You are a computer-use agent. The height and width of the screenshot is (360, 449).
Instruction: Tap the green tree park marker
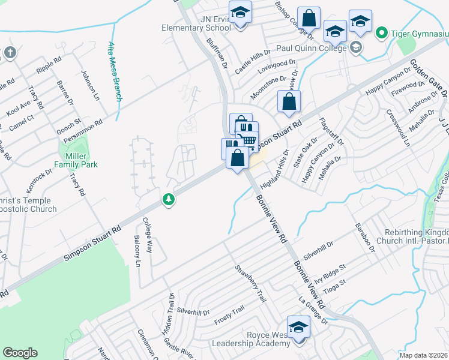[x=169, y=200]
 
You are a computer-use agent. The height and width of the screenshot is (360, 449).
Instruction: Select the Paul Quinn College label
[x=311, y=48]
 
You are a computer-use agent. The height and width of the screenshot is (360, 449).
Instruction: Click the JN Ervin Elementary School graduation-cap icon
[x=240, y=13]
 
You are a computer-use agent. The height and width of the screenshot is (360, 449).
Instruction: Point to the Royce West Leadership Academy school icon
[x=298, y=327]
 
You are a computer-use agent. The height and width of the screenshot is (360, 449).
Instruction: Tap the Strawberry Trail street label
[x=250, y=283]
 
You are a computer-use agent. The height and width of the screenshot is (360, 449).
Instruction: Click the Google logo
[x=20, y=353]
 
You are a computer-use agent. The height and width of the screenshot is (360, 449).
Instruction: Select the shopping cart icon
[x=249, y=141]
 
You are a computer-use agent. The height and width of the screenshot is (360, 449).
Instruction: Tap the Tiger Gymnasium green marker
[x=381, y=32]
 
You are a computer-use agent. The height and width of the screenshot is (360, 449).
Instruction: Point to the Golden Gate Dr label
[x=429, y=79]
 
